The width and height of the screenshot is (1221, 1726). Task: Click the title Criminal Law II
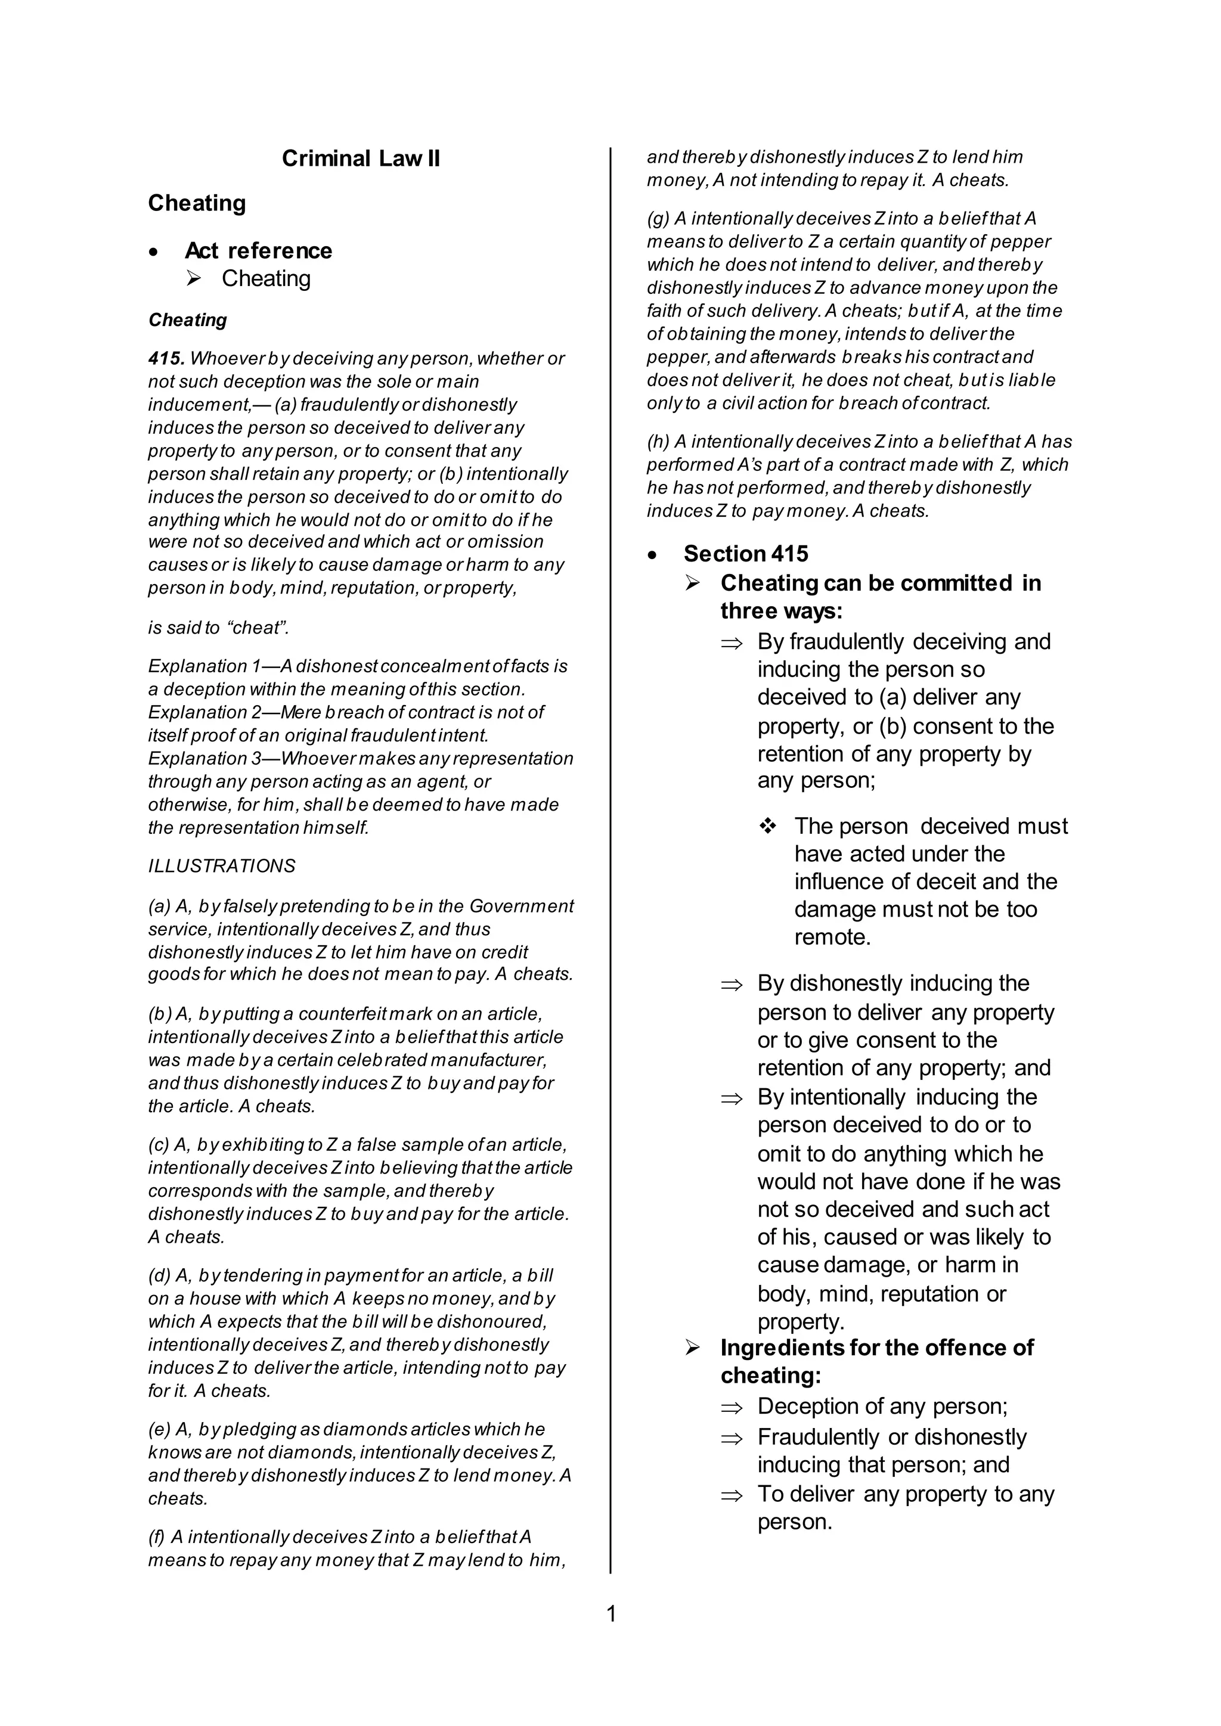point(361,159)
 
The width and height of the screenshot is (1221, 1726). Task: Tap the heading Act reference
point(258,250)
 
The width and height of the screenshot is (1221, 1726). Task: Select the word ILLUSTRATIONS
point(222,866)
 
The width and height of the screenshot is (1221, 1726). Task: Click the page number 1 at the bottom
point(610,1614)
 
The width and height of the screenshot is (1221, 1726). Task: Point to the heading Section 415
point(745,554)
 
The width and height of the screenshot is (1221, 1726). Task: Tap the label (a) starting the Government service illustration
point(158,906)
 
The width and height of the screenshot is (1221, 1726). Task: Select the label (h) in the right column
point(658,442)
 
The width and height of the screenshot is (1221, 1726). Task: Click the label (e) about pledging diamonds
point(159,1429)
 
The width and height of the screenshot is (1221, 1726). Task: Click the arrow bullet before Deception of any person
point(731,1407)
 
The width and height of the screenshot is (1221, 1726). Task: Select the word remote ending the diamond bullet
point(832,937)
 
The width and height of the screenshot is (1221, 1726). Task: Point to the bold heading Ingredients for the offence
point(876,1348)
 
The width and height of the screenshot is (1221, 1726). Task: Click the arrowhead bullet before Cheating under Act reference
point(194,279)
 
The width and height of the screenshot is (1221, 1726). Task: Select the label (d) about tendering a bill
point(159,1275)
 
